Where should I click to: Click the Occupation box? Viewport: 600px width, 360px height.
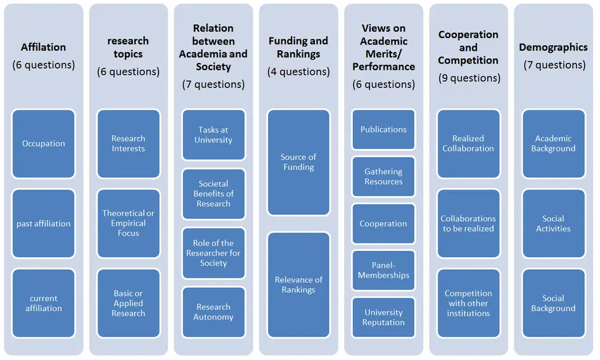(43, 144)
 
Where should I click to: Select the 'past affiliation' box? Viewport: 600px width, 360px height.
(43, 223)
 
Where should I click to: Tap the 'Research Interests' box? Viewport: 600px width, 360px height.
(128, 144)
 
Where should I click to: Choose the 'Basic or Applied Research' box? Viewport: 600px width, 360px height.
(128, 303)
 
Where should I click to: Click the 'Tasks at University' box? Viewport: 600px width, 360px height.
(213, 135)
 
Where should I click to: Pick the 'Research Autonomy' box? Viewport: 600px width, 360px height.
(213, 312)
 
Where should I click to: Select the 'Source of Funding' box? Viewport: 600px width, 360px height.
(298, 162)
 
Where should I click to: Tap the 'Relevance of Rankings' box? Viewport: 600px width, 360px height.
(298, 285)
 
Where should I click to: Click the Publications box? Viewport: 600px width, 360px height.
(383, 129)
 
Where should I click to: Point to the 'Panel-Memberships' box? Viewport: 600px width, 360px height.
(383, 271)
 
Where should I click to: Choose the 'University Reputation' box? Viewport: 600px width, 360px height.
(383, 318)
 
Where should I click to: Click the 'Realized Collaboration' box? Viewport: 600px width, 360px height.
(468, 144)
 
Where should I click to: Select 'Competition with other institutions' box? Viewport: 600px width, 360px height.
(468, 303)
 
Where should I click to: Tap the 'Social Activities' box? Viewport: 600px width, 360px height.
(553, 223)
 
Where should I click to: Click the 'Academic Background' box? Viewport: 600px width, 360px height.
(553, 144)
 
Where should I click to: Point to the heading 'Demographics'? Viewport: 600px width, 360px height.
(553, 47)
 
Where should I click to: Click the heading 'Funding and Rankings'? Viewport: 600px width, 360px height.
(298, 47)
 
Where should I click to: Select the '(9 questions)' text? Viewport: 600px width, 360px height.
(469, 78)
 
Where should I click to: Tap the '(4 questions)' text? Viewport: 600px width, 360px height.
(298, 72)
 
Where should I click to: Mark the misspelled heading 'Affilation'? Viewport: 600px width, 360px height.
(43, 47)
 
